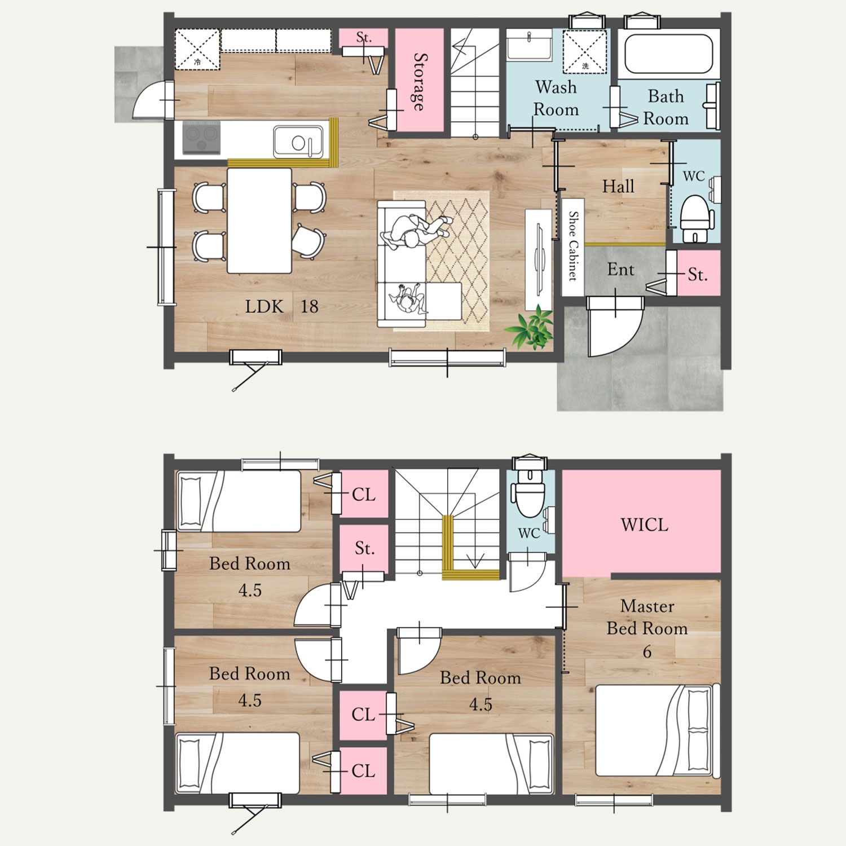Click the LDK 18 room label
281,306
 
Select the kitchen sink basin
299,141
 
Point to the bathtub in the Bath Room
668,54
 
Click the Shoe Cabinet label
573,246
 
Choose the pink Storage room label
420,82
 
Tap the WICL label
644,525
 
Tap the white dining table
259,221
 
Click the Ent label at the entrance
620,270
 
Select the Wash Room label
556,98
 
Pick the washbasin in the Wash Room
529,46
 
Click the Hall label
618,187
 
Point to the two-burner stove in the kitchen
201,139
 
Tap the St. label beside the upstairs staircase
364,548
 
